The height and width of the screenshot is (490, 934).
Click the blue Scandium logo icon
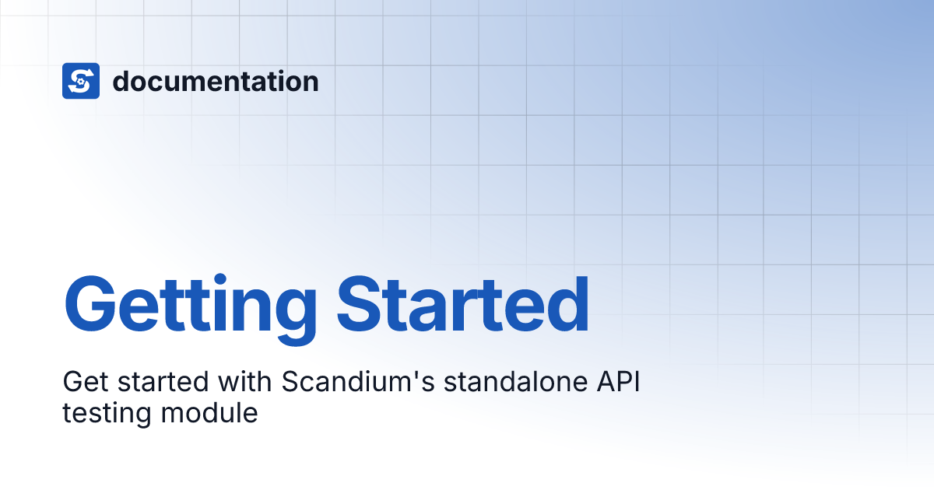coord(81,81)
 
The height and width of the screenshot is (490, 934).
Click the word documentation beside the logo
coord(216,81)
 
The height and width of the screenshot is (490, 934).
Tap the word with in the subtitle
coord(248,383)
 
